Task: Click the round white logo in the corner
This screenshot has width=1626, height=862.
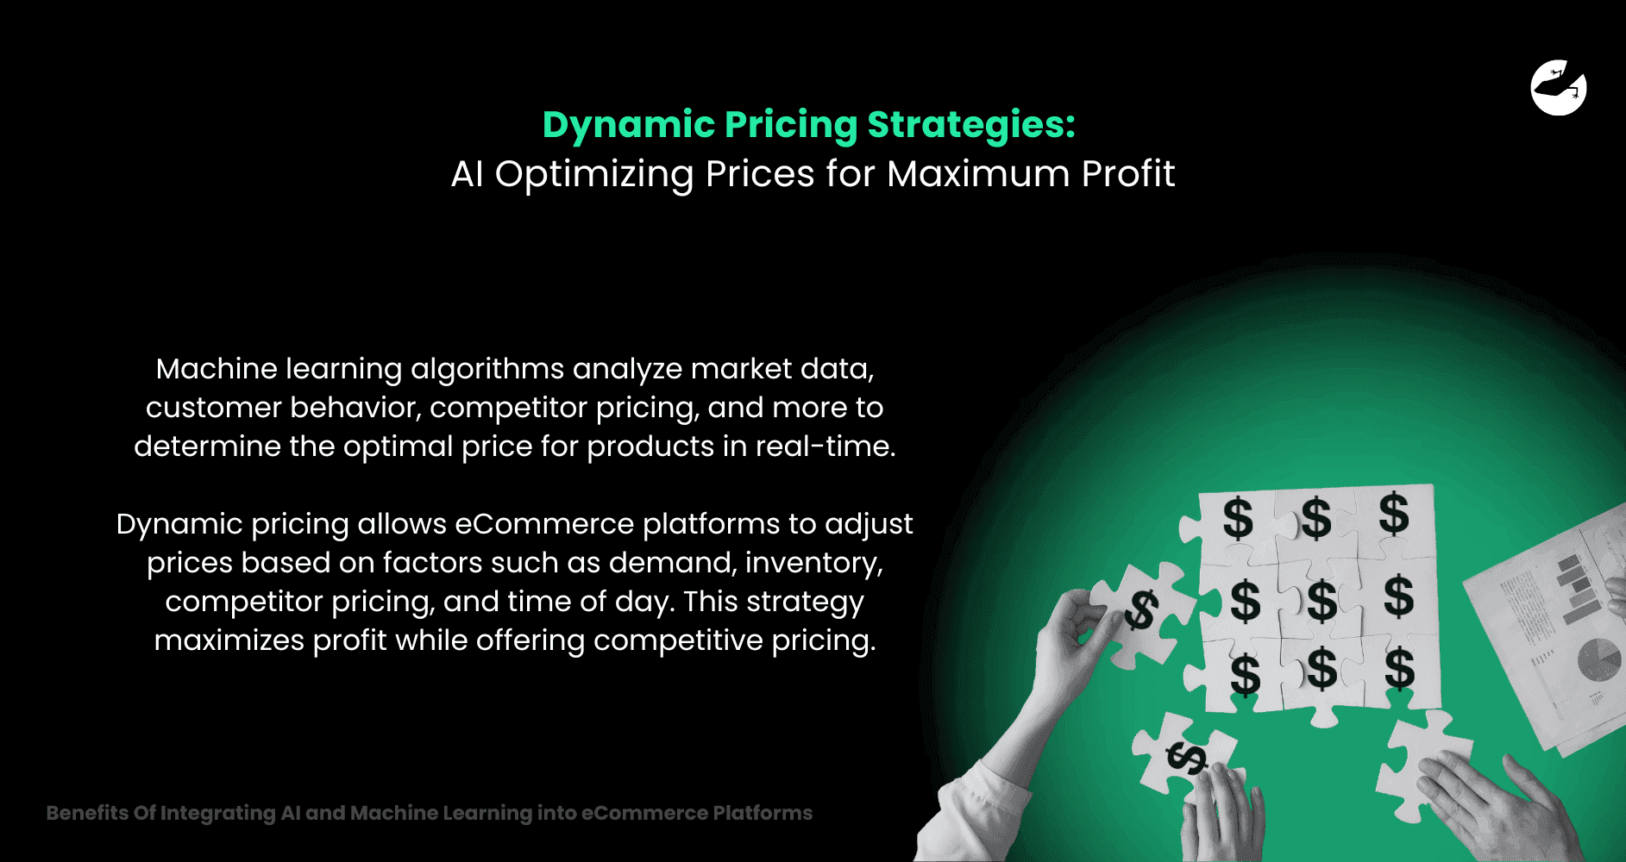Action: tap(1558, 88)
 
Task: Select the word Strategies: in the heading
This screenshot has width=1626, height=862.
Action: tap(971, 125)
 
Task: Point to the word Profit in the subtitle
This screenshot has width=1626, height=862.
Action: tap(1127, 174)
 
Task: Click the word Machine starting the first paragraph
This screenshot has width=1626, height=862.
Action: tap(217, 369)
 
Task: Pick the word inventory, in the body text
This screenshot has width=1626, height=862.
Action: tap(813, 563)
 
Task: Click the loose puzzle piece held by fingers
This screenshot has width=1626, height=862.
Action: tap(1140, 612)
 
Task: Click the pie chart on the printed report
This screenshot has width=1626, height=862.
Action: tap(1598, 660)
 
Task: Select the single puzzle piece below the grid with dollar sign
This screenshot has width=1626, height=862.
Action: tap(1186, 754)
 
